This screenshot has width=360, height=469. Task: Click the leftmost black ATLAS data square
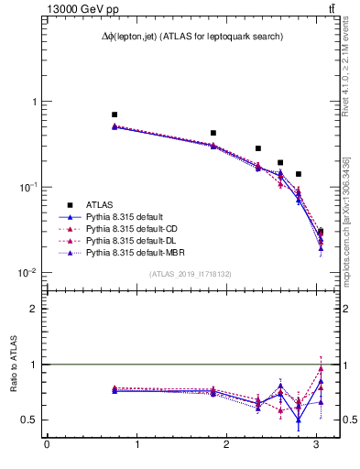click(115, 115)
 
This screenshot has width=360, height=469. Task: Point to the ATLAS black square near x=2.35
click(258, 148)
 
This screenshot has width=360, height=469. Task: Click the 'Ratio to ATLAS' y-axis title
click(13, 365)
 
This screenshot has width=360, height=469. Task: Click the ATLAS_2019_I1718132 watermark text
click(191, 274)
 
